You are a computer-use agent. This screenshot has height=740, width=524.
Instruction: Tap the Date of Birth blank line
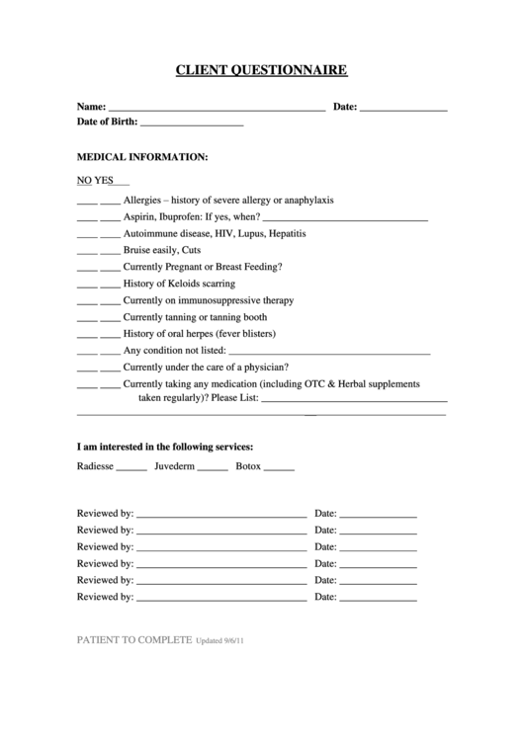192,125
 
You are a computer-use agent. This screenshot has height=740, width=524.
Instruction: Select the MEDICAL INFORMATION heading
142,156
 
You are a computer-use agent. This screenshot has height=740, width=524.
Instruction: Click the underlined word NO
84,181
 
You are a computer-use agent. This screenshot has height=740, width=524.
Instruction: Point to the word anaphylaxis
307,200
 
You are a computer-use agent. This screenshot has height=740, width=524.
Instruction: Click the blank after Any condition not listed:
329,352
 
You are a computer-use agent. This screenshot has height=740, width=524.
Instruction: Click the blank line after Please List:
353,400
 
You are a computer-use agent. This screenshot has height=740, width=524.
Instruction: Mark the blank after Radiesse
131,467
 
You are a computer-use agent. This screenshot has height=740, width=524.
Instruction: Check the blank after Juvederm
213,467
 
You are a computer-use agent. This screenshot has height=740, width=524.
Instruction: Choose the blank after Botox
279,467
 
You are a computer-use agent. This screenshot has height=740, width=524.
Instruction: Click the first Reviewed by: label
105,514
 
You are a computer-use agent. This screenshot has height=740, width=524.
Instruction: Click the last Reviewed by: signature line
221,600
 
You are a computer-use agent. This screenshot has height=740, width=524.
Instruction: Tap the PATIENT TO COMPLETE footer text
134,640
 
